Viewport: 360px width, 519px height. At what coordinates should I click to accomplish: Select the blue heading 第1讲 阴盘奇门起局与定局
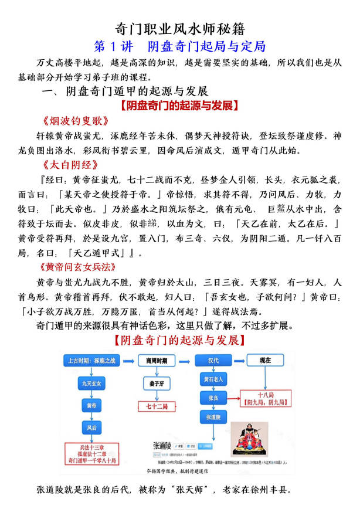tap(180, 46)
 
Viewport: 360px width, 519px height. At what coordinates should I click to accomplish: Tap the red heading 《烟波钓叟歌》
tap(76, 121)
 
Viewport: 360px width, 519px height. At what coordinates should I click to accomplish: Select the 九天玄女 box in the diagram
tap(91, 384)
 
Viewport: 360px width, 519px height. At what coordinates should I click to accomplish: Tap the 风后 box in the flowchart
tap(91, 428)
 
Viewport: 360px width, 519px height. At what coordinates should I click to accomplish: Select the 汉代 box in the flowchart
tap(218, 359)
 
